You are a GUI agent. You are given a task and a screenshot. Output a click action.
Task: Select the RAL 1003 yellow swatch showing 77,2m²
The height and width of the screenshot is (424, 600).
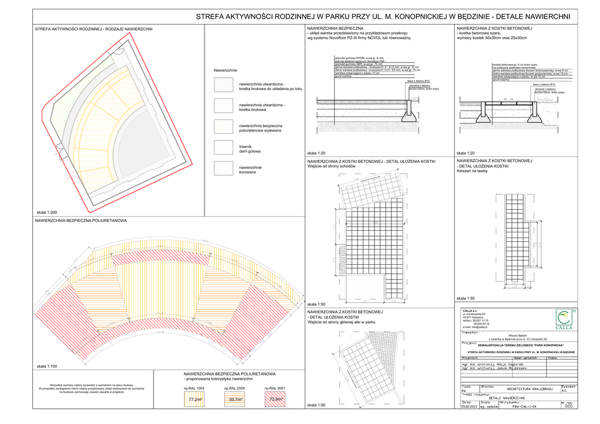point(196,399)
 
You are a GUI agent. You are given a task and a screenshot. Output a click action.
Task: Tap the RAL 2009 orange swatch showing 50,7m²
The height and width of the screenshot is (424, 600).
point(235,399)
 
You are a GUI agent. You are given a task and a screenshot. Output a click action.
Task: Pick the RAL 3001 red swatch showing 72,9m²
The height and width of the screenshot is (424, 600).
point(275,399)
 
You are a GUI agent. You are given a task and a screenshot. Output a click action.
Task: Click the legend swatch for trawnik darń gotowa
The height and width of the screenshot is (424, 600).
point(223,149)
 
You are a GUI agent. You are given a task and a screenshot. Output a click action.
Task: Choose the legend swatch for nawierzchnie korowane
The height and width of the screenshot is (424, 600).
point(223,169)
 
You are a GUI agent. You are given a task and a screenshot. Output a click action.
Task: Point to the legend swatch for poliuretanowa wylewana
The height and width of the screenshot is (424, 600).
point(223,128)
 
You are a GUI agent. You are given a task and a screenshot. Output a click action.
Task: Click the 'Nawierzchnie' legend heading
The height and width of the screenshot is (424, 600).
point(226,70)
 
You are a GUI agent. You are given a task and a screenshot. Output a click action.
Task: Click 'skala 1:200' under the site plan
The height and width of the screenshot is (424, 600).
point(46,211)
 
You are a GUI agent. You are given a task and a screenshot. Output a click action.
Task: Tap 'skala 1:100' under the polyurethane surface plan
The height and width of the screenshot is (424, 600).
point(46,366)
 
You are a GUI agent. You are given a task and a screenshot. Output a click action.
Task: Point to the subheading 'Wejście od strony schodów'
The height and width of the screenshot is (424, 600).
point(332,166)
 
